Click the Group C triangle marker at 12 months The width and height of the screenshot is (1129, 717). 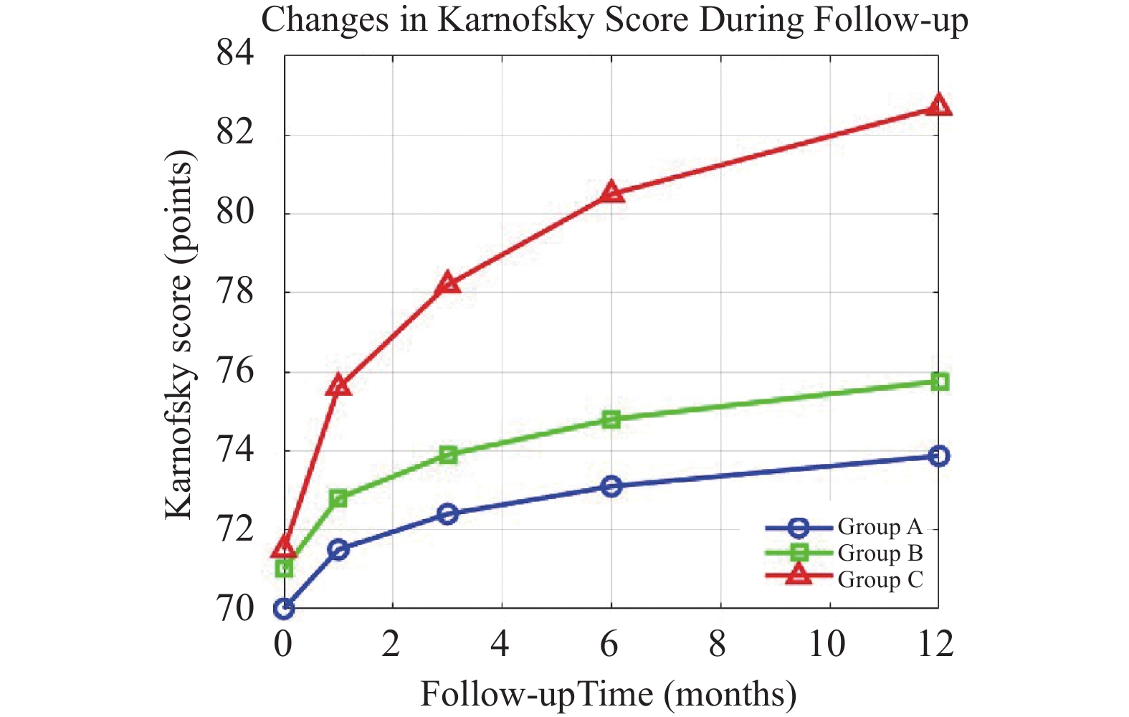(x=938, y=106)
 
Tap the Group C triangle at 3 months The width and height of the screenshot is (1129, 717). (x=448, y=283)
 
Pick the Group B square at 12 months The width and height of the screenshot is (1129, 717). (x=939, y=381)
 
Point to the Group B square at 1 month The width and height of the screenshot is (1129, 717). (x=338, y=498)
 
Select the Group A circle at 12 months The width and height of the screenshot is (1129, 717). (x=939, y=455)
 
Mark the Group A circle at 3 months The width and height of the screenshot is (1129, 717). (x=448, y=513)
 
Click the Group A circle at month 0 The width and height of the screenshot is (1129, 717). (x=284, y=609)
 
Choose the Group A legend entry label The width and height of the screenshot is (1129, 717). (x=880, y=527)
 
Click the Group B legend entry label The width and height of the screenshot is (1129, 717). (x=880, y=554)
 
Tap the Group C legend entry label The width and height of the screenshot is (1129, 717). (x=880, y=579)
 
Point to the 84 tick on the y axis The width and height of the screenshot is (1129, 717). (x=235, y=53)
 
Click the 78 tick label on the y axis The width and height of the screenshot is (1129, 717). (x=235, y=292)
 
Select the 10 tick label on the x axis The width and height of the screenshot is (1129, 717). (x=826, y=644)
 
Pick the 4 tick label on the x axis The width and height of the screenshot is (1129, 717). (x=500, y=644)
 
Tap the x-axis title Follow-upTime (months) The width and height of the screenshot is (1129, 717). (x=608, y=694)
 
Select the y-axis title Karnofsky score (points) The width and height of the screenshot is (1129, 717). (x=179, y=334)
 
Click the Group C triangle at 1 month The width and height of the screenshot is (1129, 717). (x=338, y=386)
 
